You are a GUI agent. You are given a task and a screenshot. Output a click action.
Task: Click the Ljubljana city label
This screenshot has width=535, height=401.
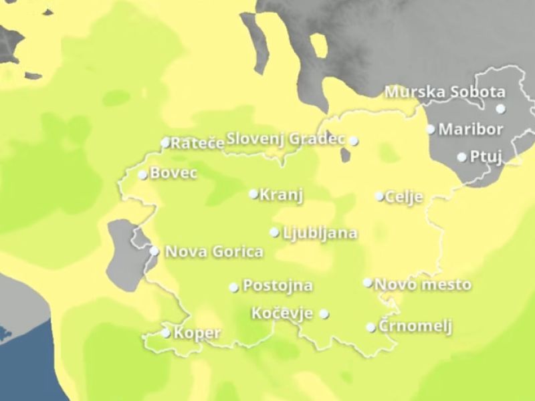tap(320, 233)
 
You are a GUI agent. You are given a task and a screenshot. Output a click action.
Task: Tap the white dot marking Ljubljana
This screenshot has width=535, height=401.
tap(274, 233)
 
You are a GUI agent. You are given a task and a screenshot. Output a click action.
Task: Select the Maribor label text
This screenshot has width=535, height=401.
tap(471, 128)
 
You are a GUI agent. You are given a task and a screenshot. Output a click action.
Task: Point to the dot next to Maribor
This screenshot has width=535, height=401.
tap(431, 129)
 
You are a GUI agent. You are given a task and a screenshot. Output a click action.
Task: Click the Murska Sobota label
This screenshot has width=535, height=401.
tap(445, 92)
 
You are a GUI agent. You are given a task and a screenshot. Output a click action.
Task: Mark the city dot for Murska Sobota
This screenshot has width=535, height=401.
tap(500, 108)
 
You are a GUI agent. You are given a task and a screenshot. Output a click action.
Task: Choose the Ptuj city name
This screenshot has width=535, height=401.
tap(486, 156)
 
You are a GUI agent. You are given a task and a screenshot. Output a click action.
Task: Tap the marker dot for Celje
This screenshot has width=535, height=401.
tap(379, 196)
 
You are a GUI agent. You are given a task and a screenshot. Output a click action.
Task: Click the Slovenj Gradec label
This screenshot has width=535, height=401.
tap(286, 139)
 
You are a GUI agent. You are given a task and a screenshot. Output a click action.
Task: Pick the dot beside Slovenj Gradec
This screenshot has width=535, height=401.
tap(354, 141)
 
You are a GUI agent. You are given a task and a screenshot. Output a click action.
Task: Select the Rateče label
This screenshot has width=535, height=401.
tap(197, 142)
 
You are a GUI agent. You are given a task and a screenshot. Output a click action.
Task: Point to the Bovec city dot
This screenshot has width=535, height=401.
tap(142, 175)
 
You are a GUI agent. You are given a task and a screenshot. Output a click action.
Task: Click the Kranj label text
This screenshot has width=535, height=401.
tap(282, 195)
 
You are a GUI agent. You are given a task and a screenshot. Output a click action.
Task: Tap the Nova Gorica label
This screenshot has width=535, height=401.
tap(213, 252)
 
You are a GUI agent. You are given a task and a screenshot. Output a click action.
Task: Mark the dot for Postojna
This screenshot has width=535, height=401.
tap(233, 287)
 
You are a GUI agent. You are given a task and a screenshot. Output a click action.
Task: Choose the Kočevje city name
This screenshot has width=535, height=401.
tap(282, 313)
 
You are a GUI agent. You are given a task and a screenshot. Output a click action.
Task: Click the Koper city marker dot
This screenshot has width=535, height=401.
tap(166, 333)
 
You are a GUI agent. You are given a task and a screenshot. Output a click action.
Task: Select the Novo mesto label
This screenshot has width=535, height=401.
tap(423, 285)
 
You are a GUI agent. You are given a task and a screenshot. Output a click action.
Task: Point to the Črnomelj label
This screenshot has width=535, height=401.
tap(415, 327)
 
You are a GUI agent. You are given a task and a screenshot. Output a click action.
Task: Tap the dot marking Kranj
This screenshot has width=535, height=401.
tap(253, 194)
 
